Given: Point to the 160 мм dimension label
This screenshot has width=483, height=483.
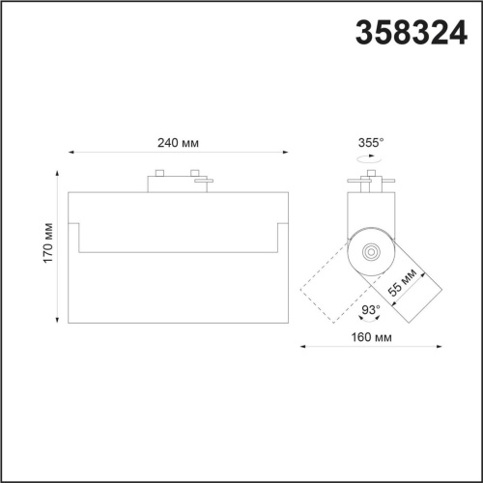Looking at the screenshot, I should point(371,337).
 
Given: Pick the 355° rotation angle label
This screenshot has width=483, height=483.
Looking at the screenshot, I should point(370,142).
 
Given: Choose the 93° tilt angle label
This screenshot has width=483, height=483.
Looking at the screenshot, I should point(369,310).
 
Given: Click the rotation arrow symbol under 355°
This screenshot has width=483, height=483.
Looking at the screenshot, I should point(370,156).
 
